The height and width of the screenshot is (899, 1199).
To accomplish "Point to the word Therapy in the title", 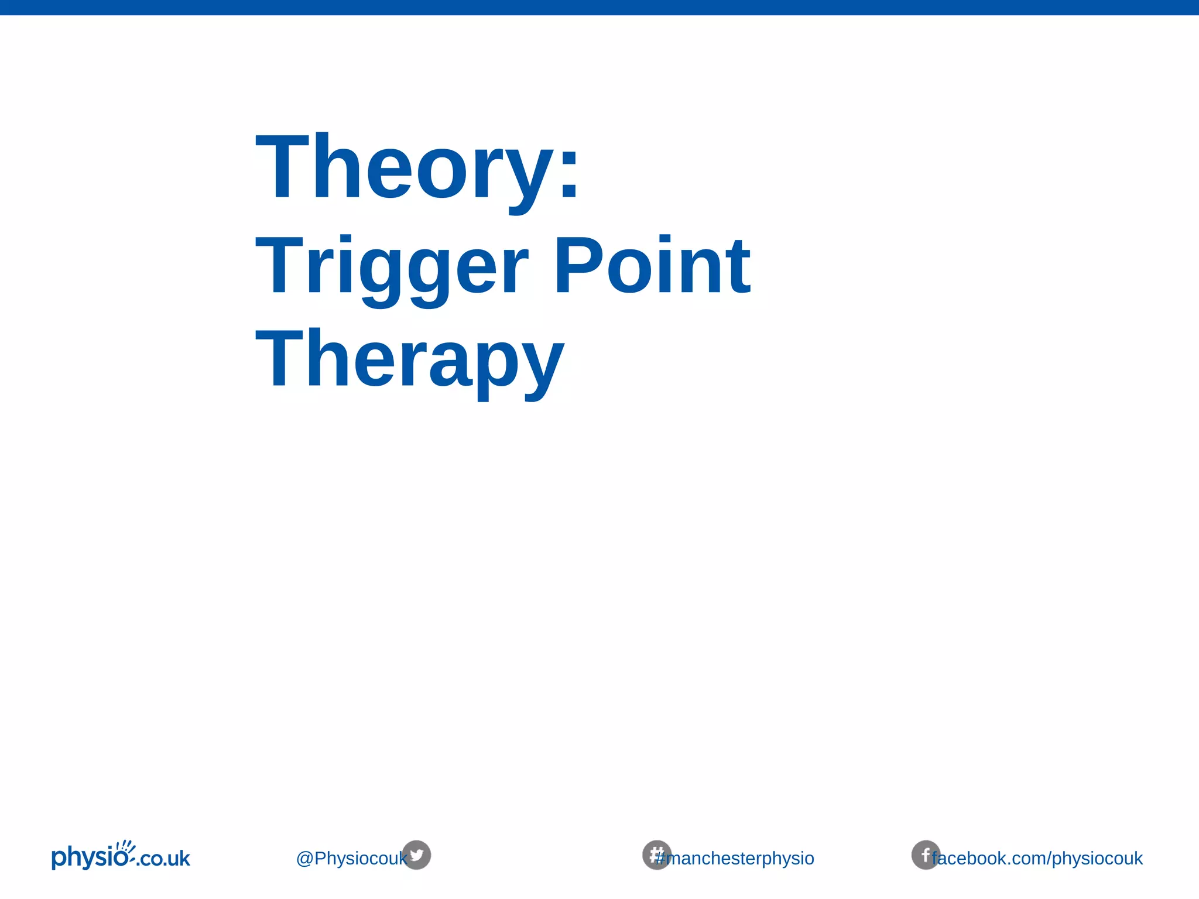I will [x=410, y=360].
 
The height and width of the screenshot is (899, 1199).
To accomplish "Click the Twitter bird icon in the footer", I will [x=416, y=855].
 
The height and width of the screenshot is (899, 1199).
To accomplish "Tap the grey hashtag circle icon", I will [x=656, y=855].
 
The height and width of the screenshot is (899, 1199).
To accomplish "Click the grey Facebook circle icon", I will [x=925, y=855].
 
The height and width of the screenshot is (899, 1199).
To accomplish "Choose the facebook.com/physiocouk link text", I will [x=1037, y=859].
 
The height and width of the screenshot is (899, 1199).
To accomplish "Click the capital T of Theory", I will [x=282, y=167].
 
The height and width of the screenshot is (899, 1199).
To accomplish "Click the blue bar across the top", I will [x=599, y=7].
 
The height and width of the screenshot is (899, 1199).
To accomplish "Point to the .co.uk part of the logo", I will [x=165, y=859].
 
